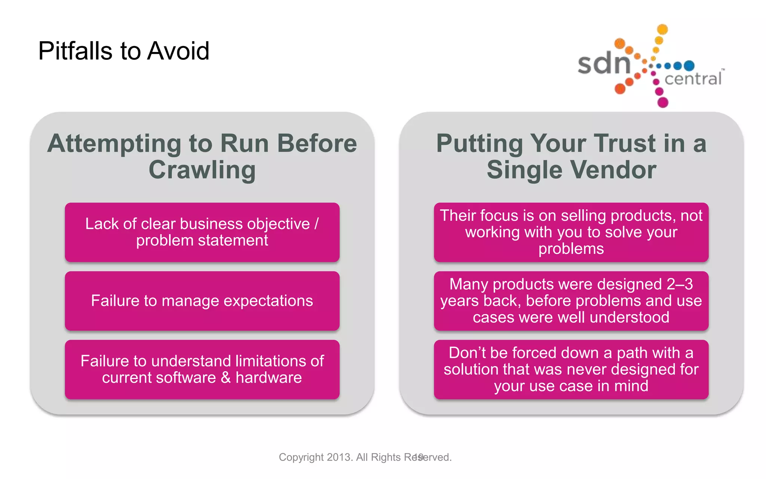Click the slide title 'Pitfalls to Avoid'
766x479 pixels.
point(123,51)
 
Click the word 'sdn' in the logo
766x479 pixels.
point(604,64)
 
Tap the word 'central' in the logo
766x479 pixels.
point(693,79)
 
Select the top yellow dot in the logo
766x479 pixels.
point(662,29)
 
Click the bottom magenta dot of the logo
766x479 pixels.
point(663,102)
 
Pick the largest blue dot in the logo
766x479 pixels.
point(689,66)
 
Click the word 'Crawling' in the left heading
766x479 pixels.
point(202,170)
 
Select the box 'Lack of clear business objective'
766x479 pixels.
point(202,232)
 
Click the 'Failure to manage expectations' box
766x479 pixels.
point(202,301)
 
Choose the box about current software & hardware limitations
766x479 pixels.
point(202,369)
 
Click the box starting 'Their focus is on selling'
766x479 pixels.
point(571,232)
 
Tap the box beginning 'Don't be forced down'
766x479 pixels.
point(571,369)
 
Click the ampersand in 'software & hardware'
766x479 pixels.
point(226,378)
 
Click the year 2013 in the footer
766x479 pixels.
point(339,457)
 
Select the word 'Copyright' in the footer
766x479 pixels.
point(301,457)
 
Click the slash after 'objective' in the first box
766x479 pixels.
point(316,224)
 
